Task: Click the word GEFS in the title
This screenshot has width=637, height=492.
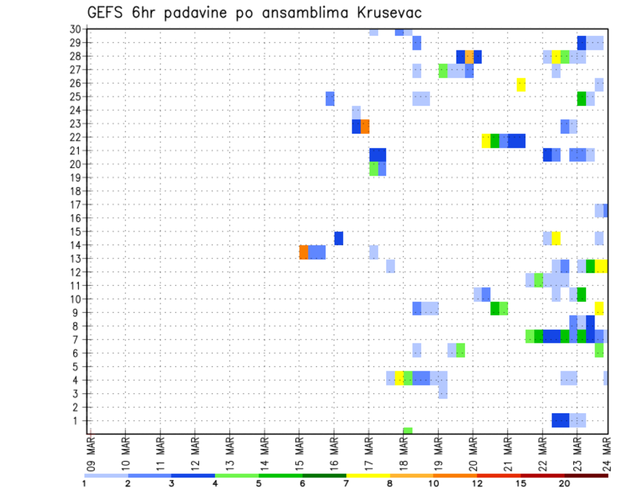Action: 108,13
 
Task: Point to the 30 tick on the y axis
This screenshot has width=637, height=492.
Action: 75,29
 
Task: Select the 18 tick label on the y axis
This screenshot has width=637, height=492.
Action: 75,191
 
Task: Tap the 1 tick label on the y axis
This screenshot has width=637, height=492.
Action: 78,420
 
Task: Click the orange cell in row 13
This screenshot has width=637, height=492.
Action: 303,252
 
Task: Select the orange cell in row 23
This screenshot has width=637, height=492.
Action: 365,126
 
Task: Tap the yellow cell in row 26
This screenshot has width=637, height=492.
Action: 521,84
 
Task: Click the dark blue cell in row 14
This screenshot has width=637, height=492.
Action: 338,238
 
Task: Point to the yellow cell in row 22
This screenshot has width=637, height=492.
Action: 486,141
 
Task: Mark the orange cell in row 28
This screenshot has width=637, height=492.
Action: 469,56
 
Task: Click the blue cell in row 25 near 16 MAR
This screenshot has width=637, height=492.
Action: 330,98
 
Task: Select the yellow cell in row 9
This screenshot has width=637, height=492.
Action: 599,308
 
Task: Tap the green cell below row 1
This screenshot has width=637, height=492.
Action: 407,431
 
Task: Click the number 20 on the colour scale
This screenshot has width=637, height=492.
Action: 565,483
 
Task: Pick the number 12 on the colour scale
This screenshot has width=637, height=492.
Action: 478,483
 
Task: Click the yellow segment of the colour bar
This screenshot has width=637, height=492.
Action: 368,475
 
